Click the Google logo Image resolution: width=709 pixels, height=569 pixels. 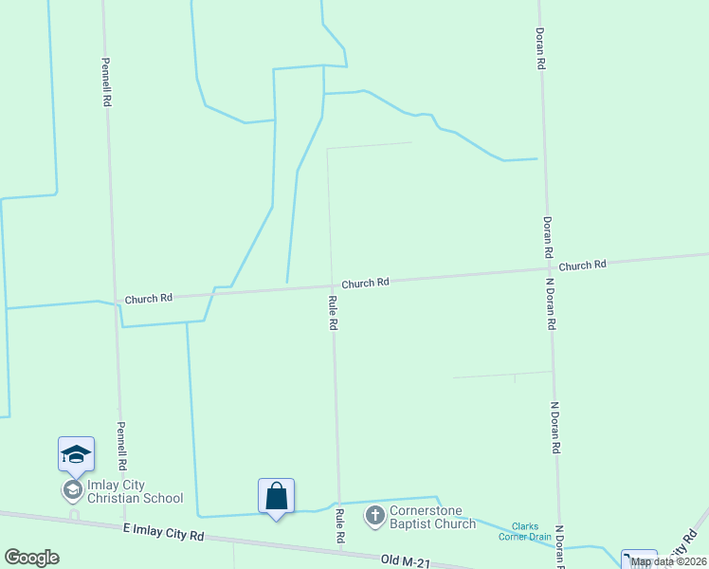pos(31,558)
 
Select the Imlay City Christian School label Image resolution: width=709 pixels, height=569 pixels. pos(135,491)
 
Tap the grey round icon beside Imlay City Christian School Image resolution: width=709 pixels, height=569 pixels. pos(72,489)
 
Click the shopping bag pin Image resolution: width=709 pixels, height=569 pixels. pos(276,497)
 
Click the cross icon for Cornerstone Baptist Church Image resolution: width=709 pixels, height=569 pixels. pos(374,516)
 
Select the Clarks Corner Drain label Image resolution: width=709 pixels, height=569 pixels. pos(525,531)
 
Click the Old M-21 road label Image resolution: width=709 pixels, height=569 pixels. pos(405,560)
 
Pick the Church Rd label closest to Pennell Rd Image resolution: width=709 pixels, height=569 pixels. pos(148,298)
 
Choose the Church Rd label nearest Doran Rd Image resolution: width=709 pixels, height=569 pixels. pos(582,266)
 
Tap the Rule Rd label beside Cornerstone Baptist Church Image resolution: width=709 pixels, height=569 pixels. pos(338,526)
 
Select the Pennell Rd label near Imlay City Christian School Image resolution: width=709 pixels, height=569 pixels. pos(121,447)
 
